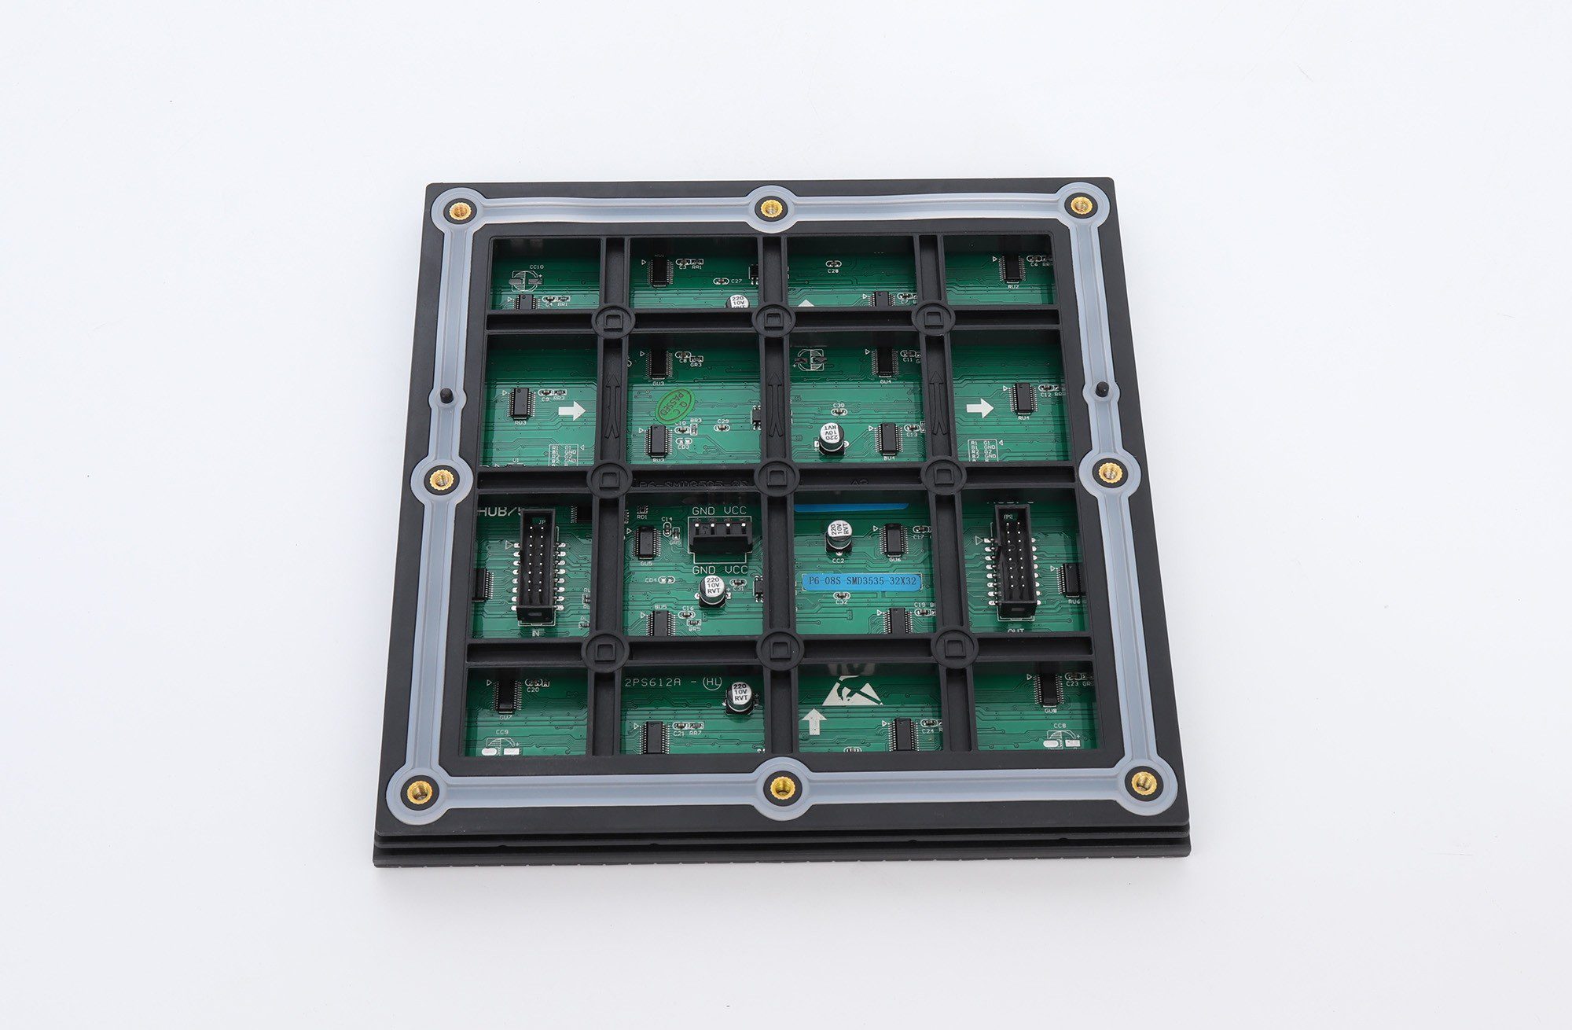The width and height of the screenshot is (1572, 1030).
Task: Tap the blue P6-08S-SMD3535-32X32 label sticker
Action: (x=860, y=581)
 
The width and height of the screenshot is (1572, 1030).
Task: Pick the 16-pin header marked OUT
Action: (x=1016, y=559)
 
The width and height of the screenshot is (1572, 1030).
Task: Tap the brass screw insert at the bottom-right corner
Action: (x=1140, y=782)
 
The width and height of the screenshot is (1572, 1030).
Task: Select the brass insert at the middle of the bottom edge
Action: (x=781, y=786)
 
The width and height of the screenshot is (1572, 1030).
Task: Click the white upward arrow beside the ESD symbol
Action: (x=814, y=721)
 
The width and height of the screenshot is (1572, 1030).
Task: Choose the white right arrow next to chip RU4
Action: (x=979, y=408)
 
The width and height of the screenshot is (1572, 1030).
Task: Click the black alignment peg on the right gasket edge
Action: (x=1102, y=388)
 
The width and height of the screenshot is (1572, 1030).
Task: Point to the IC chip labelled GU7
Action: (x=505, y=694)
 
